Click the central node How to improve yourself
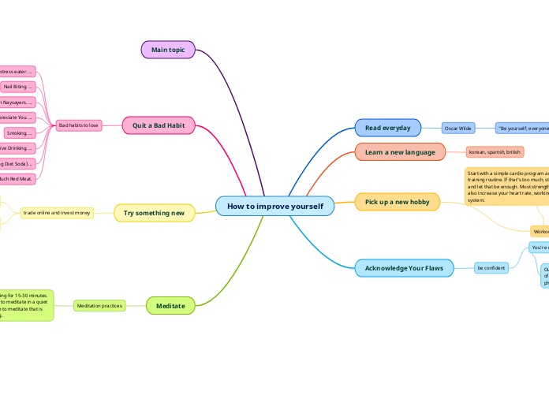[x=274, y=206]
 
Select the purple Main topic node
[x=168, y=50]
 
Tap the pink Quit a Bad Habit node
[x=159, y=125]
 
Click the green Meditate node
[x=170, y=305]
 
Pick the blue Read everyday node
[x=387, y=127]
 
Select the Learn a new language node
[x=400, y=151]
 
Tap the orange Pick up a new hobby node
[x=397, y=202]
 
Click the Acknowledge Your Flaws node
[x=404, y=268]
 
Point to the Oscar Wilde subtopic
[x=458, y=127]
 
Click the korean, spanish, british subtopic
[x=495, y=151]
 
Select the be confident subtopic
[x=491, y=268]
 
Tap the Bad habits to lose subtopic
[x=78, y=125]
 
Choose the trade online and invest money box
[x=57, y=213]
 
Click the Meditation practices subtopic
[x=99, y=305]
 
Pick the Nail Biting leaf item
[x=17, y=87]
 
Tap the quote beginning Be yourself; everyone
[x=521, y=127]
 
